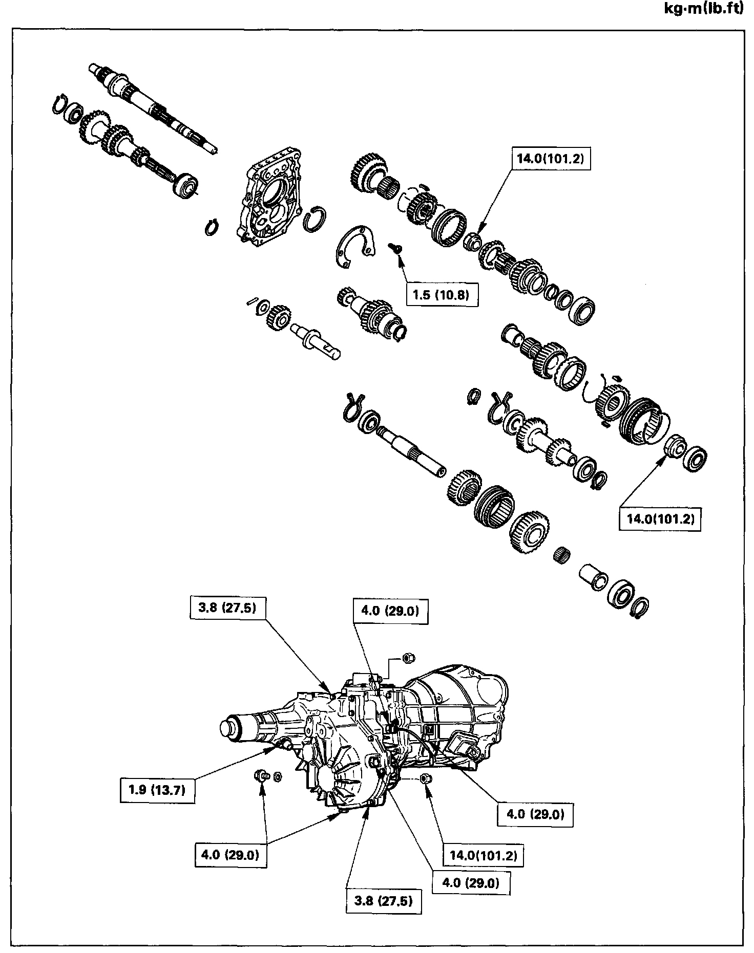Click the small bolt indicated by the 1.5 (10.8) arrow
[396, 248]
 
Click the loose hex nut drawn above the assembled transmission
[408, 657]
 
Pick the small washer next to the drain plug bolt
[278, 791]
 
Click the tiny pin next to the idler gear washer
[252, 300]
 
